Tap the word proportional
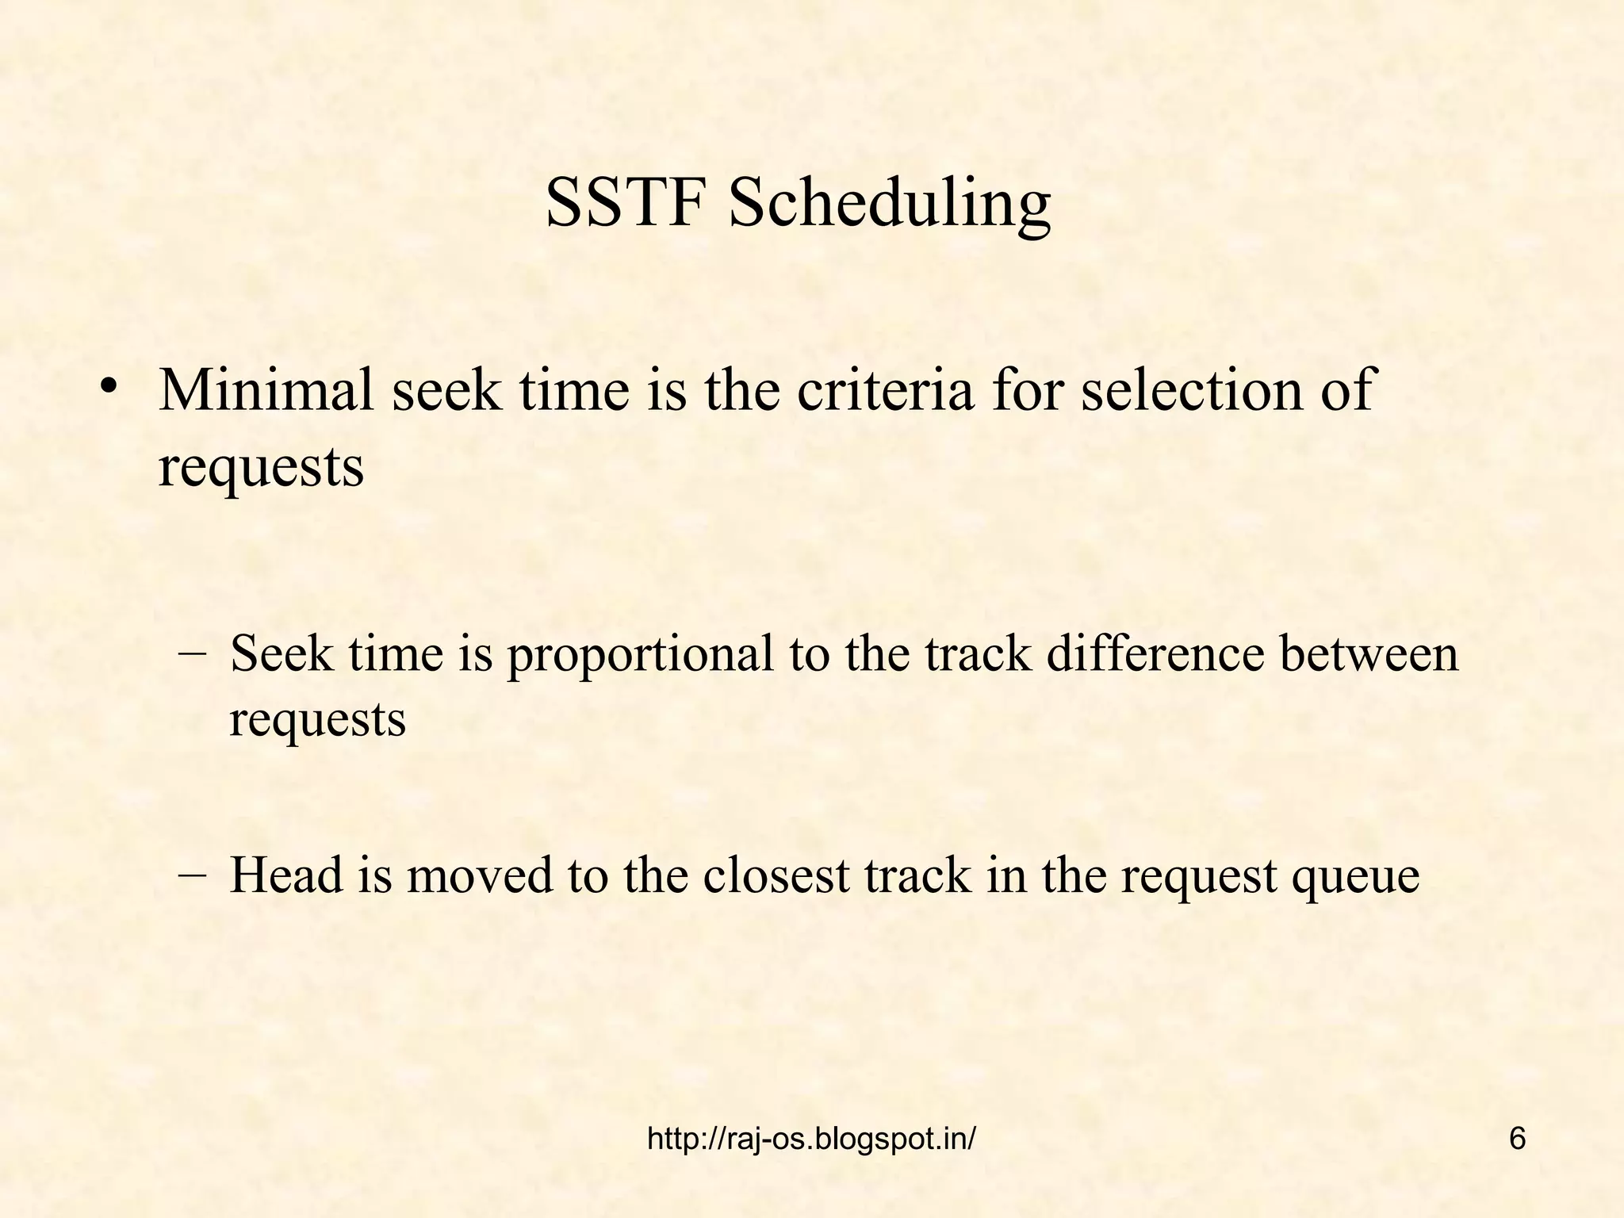640,657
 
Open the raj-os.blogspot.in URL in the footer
811,1139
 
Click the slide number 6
1517,1139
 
